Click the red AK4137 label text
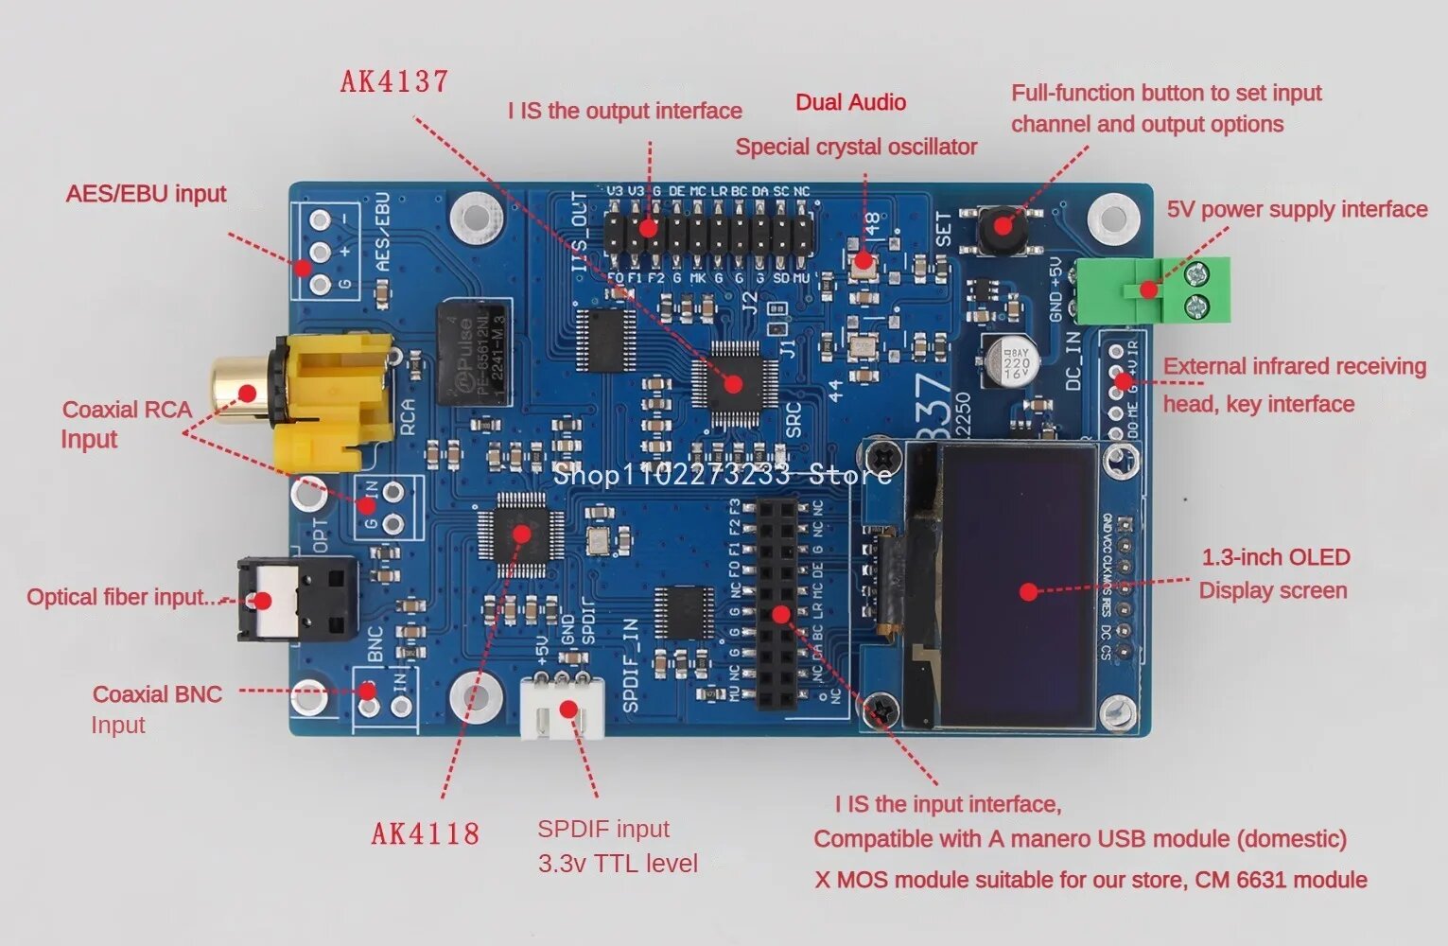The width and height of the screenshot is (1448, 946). click(x=394, y=81)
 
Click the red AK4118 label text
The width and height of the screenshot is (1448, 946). click(x=425, y=833)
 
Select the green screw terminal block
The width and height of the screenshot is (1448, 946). click(x=1181, y=289)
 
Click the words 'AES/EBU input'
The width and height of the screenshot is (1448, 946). click(x=147, y=194)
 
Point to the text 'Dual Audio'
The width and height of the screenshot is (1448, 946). click(x=850, y=102)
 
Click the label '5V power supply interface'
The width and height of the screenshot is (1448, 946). click(x=1297, y=209)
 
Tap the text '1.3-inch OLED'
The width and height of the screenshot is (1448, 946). click(x=1275, y=557)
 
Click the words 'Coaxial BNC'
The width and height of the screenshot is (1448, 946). click(x=157, y=694)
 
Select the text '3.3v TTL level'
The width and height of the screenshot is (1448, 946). click(x=618, y=863)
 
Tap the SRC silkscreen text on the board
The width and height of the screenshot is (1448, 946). click(x=793, y=419)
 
